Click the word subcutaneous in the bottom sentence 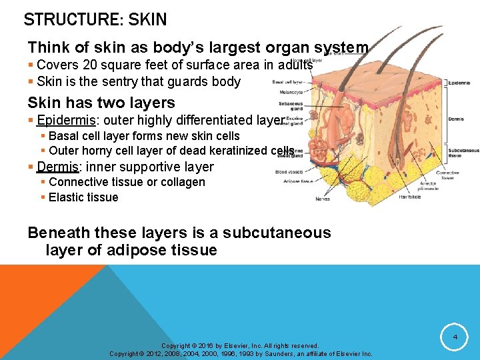click(277, 233)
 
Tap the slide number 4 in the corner click(455, 338)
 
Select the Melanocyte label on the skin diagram click(291, 92)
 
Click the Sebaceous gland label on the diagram click(291, 107)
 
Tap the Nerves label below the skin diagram click(323, 199)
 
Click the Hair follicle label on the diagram click(410, 197)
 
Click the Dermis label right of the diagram click(457, 119)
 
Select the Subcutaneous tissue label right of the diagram click(463, 153)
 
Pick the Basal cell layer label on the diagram click(287, 82)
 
